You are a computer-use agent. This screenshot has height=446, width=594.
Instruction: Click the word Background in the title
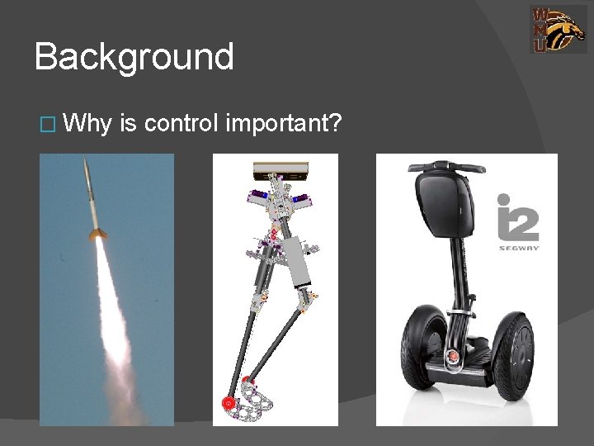coord(134,58)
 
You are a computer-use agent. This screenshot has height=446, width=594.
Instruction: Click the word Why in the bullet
coord(87,124)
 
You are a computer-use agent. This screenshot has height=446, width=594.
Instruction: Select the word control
coord(180,124)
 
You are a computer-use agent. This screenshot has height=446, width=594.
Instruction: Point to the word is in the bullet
coord(127,124)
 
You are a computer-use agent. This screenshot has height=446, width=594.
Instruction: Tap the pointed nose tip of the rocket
coord(86,163)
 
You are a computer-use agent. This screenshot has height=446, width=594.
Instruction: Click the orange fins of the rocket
coord(97,235)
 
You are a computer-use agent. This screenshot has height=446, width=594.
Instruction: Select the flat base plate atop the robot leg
coord(281,170)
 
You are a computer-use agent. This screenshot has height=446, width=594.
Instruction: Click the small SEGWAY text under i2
coord(518,247)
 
